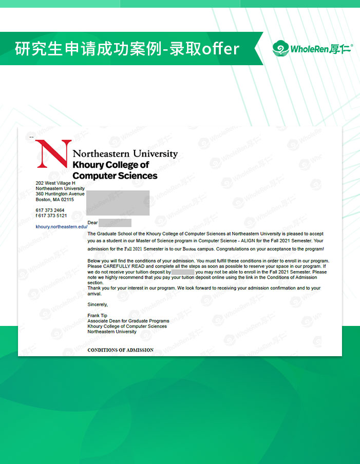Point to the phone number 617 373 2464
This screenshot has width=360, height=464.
(50, 210)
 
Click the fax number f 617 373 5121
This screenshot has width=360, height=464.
(51, 216)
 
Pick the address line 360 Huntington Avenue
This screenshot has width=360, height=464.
(60, 194)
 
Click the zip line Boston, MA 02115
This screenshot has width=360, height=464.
(55, 200)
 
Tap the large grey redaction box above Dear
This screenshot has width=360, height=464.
(118, 203)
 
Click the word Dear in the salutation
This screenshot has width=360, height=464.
(92, 223)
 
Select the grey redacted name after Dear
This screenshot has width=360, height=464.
(115, 223)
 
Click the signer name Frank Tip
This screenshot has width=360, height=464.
(98, 315)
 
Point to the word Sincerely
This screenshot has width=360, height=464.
(98, 304)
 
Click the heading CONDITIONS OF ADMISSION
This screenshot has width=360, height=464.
(120, 350)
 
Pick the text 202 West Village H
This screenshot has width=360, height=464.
(55, 183)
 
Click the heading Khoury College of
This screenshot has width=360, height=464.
(111, 165)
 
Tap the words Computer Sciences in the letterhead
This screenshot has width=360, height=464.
(115, 176)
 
